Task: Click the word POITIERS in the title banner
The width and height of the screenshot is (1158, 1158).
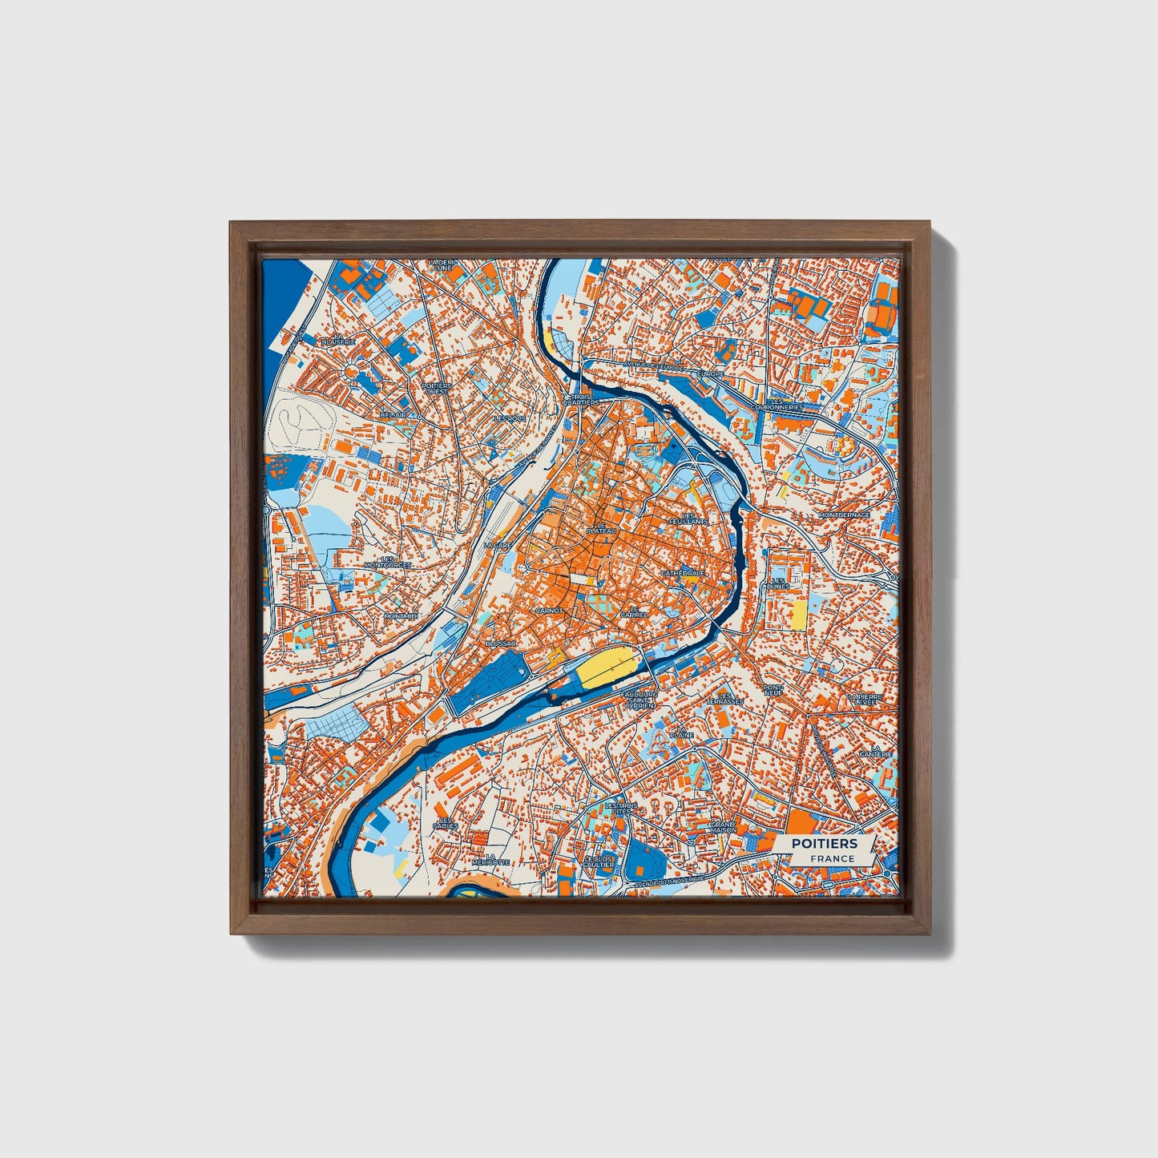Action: pyautogui.click(x=824, y=844)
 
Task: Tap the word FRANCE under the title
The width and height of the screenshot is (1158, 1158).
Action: pyautogui.click(x=831, y=859)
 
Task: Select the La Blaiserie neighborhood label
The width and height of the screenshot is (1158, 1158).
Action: pyautogui.click(x=337, y=339)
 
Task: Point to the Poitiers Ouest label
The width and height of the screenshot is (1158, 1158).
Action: pyautogui.click(x=436, y=388)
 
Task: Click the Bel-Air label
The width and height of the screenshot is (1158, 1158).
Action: pyautogui.click(x=394, y=415)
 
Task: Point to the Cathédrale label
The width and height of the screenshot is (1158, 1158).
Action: pyautogui.click(x=683, y=574)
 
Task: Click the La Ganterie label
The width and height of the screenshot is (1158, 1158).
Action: pyautogui.click(x=875, y=751)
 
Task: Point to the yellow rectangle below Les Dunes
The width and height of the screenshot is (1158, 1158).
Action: pyautogui.click(x=799, y=614)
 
